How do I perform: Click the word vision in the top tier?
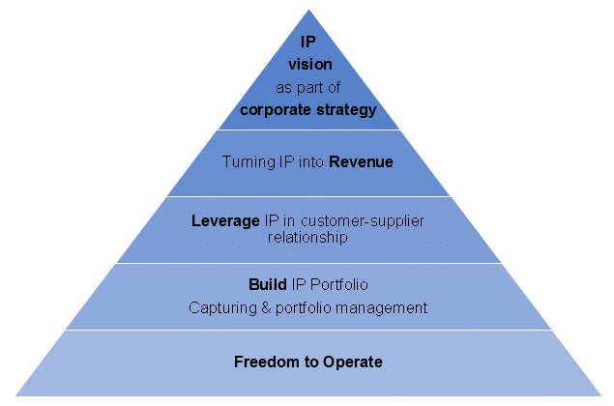[307, 64]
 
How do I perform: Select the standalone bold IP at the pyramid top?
[307, 43]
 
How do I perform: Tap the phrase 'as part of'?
[307, 87]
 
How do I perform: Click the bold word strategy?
[343, 109]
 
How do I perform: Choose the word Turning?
[249, 162]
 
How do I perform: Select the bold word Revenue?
[361, 162]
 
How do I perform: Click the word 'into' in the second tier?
[310, 162]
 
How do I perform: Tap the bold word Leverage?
[226, 220]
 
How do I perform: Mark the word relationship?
[308, 237]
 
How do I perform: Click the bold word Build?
[265, 286]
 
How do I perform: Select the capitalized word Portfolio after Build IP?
[337, 286]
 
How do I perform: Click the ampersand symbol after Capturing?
[259, 308]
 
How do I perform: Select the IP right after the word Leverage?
[271, 220]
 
